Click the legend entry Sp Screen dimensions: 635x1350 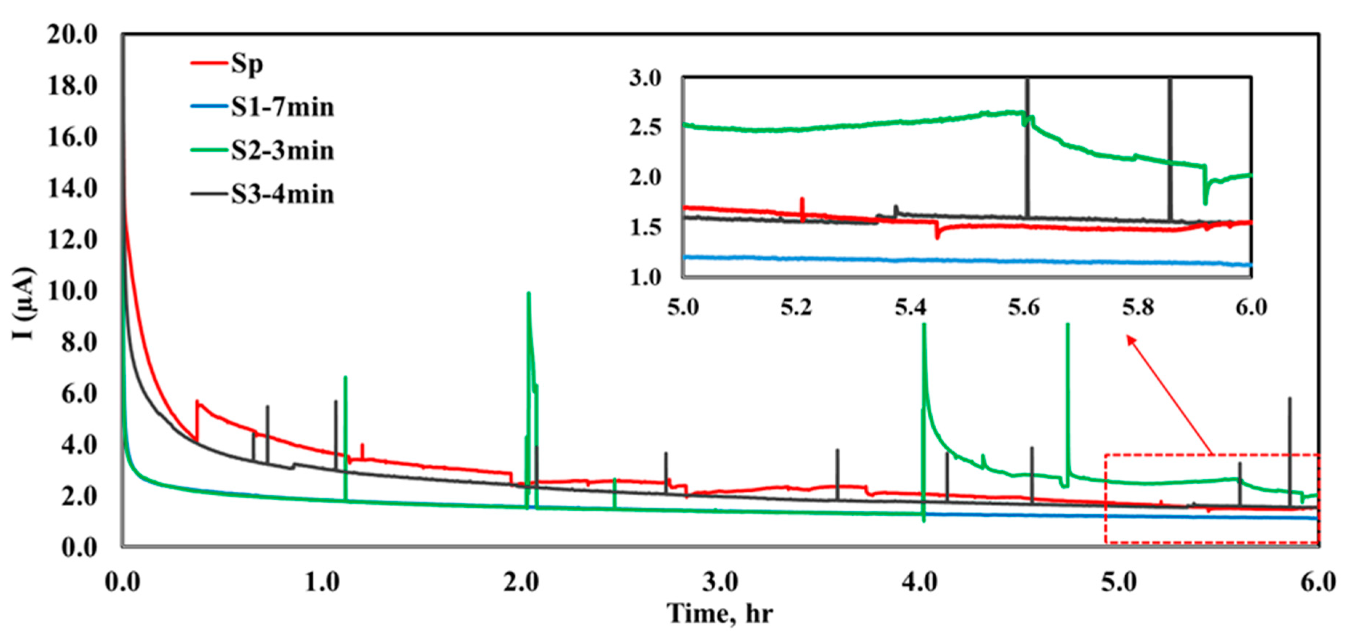click(x=246, y=64)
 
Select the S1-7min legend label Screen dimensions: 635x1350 click(x=282, y=108)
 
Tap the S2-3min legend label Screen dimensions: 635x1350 click(x=282, y=151)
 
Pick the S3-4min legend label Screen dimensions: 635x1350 click(x=282, y=195)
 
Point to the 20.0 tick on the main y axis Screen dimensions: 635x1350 click(x=73, y=35)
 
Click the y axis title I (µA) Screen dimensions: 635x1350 click(x=24, y=303)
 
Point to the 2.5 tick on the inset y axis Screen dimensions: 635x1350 click(x=646, y=127)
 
